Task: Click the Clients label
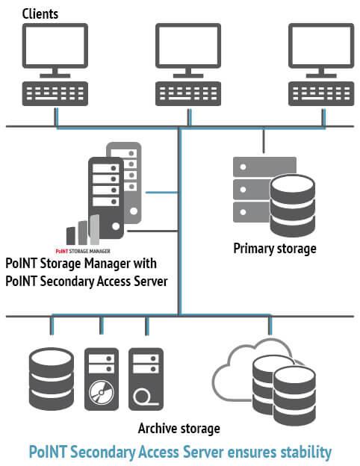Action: tap(40, 14)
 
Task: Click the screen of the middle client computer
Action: tap(188, 46)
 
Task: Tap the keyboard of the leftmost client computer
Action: tap(55, 93)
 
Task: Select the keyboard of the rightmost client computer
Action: tap(321, 93)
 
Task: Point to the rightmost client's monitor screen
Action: tap(321, 46)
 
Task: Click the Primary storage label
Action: tap(275, 249)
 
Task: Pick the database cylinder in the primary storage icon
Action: tap(293, 205)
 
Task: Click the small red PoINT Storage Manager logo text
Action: tap(83, 251)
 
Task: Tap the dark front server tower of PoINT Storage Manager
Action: tap(106, 198)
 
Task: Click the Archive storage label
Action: tap(179, 429)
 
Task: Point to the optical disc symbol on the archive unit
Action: tap(102, 393)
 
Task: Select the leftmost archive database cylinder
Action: tap(52, 379)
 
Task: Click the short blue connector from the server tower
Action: tap(162, 193)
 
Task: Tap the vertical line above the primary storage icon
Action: tap(264, 140)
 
